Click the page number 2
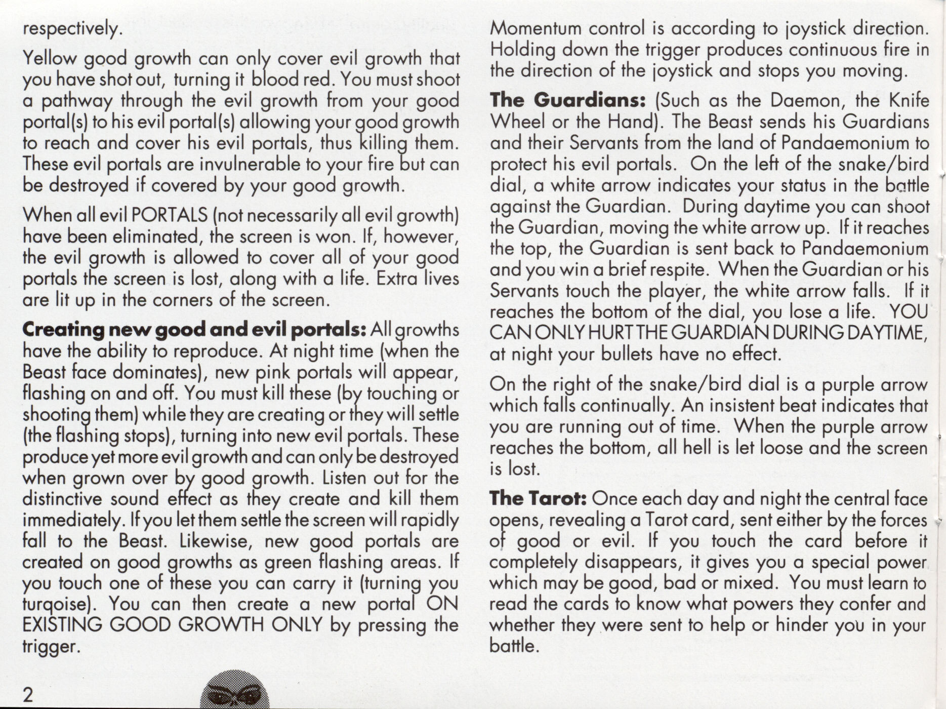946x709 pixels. [28, 694]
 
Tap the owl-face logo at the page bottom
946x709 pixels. [234, 692]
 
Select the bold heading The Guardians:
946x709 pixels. [567, 100]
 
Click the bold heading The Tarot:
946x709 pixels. [538, 499]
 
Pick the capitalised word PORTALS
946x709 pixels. [169, 216]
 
